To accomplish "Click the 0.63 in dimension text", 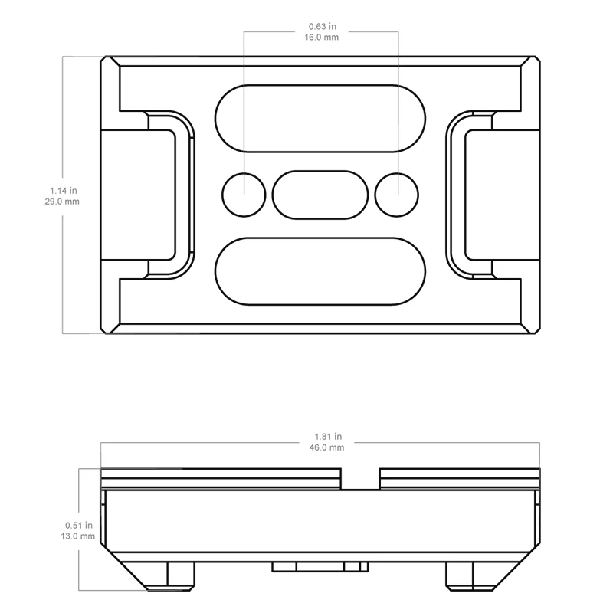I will [x=320, y=25].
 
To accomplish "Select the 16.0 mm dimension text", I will [x=320, y=36].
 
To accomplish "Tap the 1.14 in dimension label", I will [x=64, y=190].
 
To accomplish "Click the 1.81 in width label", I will [x=320, y=436].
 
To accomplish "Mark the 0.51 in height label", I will [x=79, y=526].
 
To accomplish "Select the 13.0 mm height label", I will [x=79, y=536].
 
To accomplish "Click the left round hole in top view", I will [x=244, y=194].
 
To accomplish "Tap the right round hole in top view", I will [x=397, y=194].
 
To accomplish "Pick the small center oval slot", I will [x=320, y=194].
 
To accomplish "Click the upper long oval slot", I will [x=320, y=118].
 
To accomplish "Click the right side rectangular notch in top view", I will [x=503, y=194].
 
